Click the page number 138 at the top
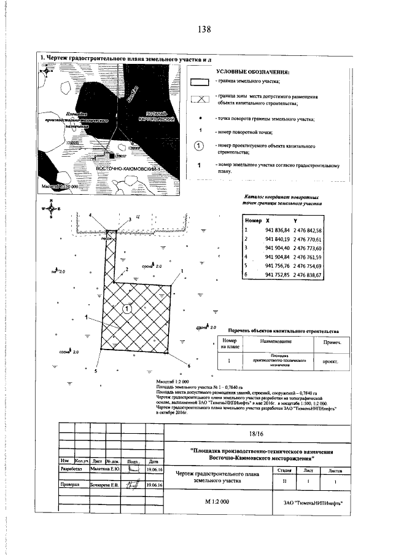pyautogui.click(x=204, y=29)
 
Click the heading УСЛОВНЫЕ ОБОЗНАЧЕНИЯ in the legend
pyautogui.click(x=252, y=72)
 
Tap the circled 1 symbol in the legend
pyautogui.click(x=199, y=146)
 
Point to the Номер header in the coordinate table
pyautogui.click(x=253, y=220)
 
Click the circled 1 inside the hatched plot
pyautogui.click(x=126, y=309)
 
